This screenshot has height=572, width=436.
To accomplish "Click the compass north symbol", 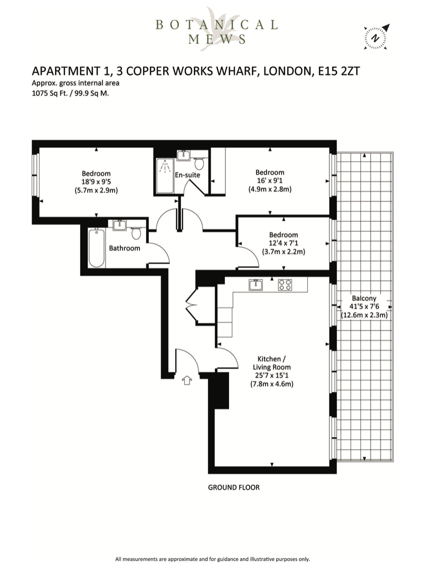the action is point(376,37).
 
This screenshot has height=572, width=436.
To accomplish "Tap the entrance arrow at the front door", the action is point(187,380).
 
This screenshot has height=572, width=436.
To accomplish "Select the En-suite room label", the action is point(187,175).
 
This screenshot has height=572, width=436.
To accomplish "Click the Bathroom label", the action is point(125,248).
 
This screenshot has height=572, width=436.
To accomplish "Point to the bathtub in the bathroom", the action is point(97,248).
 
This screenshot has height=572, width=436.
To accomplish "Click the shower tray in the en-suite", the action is point(165,176).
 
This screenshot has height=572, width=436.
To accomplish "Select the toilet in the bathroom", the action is point(136,233).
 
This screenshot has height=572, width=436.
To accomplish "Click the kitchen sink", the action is point(255,285).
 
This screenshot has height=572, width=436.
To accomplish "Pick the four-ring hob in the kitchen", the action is point(285,285).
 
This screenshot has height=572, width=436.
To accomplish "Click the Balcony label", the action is point(364,298).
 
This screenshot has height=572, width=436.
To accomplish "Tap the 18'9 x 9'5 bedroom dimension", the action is point(96,182).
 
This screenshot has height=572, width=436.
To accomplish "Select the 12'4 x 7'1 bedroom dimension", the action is point(283,243).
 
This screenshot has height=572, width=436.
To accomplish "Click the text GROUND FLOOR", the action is point(234,487).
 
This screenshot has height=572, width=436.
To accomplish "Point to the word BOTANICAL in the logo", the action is point(216,25).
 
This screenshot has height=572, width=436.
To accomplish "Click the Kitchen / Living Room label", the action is point(272,363).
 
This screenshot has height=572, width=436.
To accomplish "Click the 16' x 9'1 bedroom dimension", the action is point(270,181).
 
